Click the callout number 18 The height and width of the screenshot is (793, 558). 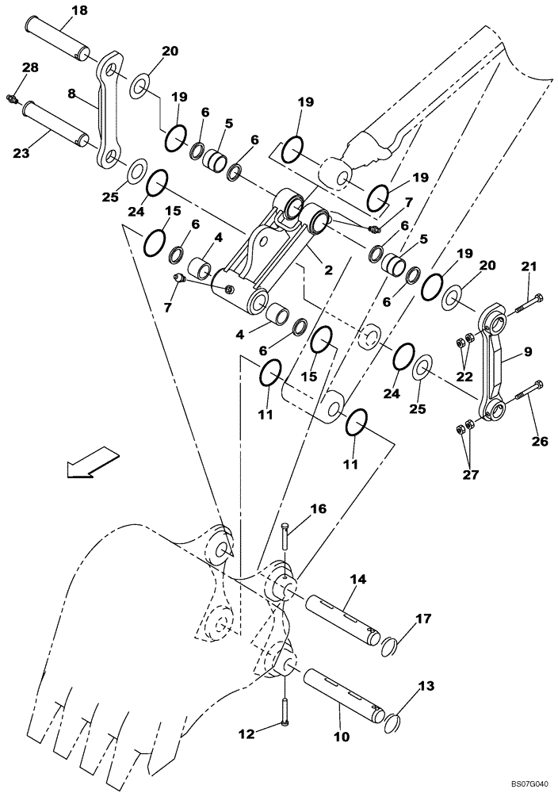coord(81,10)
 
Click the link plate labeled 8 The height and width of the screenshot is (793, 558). coord(111,111)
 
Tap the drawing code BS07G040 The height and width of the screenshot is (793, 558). coord(526,783)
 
